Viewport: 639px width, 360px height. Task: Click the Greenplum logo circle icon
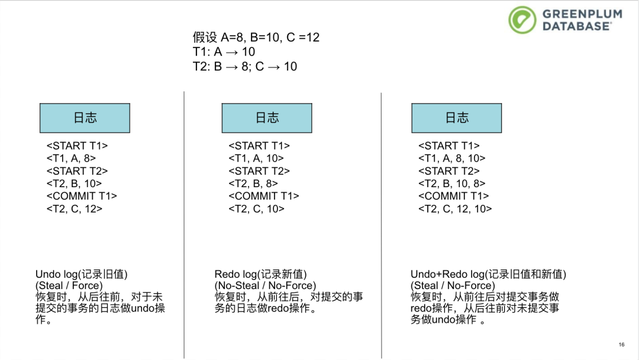522,20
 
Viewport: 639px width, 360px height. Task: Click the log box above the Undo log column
85,118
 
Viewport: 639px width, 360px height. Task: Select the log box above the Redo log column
267,118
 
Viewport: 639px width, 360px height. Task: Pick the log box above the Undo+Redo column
457,118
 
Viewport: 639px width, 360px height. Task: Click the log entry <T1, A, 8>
71,158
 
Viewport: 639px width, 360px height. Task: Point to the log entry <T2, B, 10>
74,184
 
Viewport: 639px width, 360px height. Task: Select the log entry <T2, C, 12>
74,208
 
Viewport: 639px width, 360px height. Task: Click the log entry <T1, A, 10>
256,158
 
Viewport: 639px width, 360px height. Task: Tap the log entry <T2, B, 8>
253,184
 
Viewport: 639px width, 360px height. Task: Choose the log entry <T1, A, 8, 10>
451,158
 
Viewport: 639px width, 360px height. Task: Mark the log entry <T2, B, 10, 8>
451,184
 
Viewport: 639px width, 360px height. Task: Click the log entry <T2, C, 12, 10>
455,208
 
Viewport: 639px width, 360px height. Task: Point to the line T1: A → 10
224,52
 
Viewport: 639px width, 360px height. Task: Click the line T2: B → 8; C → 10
245,66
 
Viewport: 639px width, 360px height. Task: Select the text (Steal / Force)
69,285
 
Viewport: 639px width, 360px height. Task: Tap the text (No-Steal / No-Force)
265,285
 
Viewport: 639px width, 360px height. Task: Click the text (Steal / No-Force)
453,285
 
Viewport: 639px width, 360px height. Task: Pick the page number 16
621,345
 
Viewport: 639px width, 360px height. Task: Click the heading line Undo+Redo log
488,274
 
